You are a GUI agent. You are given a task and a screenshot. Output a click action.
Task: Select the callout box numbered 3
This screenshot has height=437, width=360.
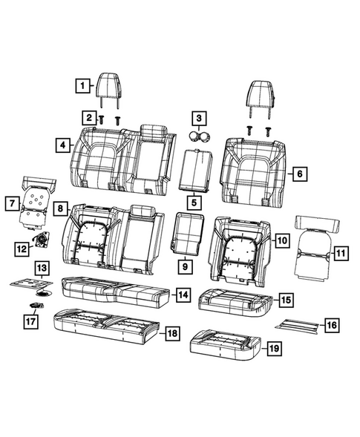pos(197,117)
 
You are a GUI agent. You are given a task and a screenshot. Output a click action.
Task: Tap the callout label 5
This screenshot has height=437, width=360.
pos(193,200)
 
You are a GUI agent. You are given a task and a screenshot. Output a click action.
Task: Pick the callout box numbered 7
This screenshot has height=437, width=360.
pos(10,202)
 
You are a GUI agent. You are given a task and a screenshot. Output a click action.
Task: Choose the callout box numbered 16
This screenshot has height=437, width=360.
pos(330,324)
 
